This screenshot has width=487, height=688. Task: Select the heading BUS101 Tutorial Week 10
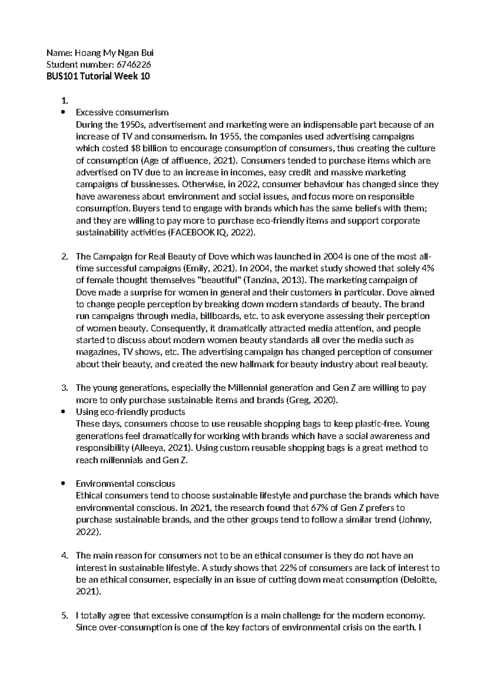pyautogui.click(x=98, y=76)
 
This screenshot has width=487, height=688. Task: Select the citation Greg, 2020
pyautogui.click(x=311, y=400)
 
